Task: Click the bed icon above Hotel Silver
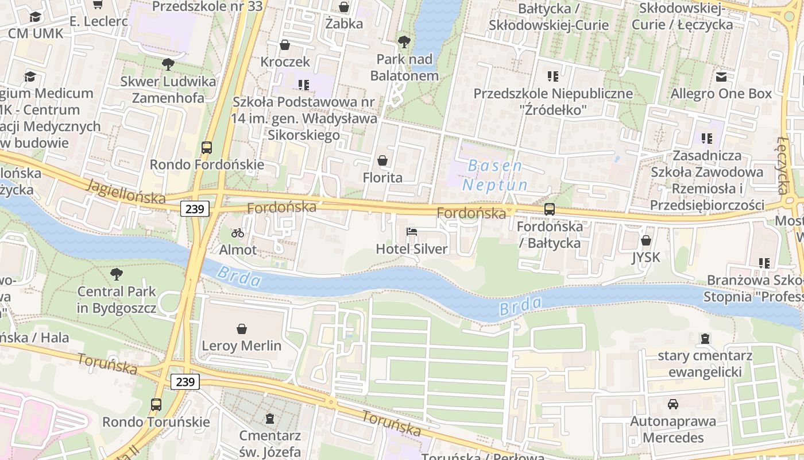point(412,232)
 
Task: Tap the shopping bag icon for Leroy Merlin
point(242,329)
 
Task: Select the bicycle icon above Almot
point(238,233)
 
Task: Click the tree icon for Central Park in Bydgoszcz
point(117,274)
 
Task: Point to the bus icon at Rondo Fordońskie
point(207,148)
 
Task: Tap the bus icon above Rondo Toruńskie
point(156,405)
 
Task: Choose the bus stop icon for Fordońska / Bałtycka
point(550,209)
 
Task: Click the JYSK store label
point(646,257)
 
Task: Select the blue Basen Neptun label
point(495,175)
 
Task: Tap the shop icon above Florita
point(382,160)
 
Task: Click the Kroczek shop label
point(285,62)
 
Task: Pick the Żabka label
point(344,24)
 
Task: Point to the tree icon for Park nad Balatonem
point(404,42)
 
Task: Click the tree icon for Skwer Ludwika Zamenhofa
point(168,64)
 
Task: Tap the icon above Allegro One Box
point(721,76)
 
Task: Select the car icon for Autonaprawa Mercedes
point(673,404)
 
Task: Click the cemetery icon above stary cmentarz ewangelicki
point(705,339)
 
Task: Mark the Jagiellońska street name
point(126,191)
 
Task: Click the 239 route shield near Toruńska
point(185,382)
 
